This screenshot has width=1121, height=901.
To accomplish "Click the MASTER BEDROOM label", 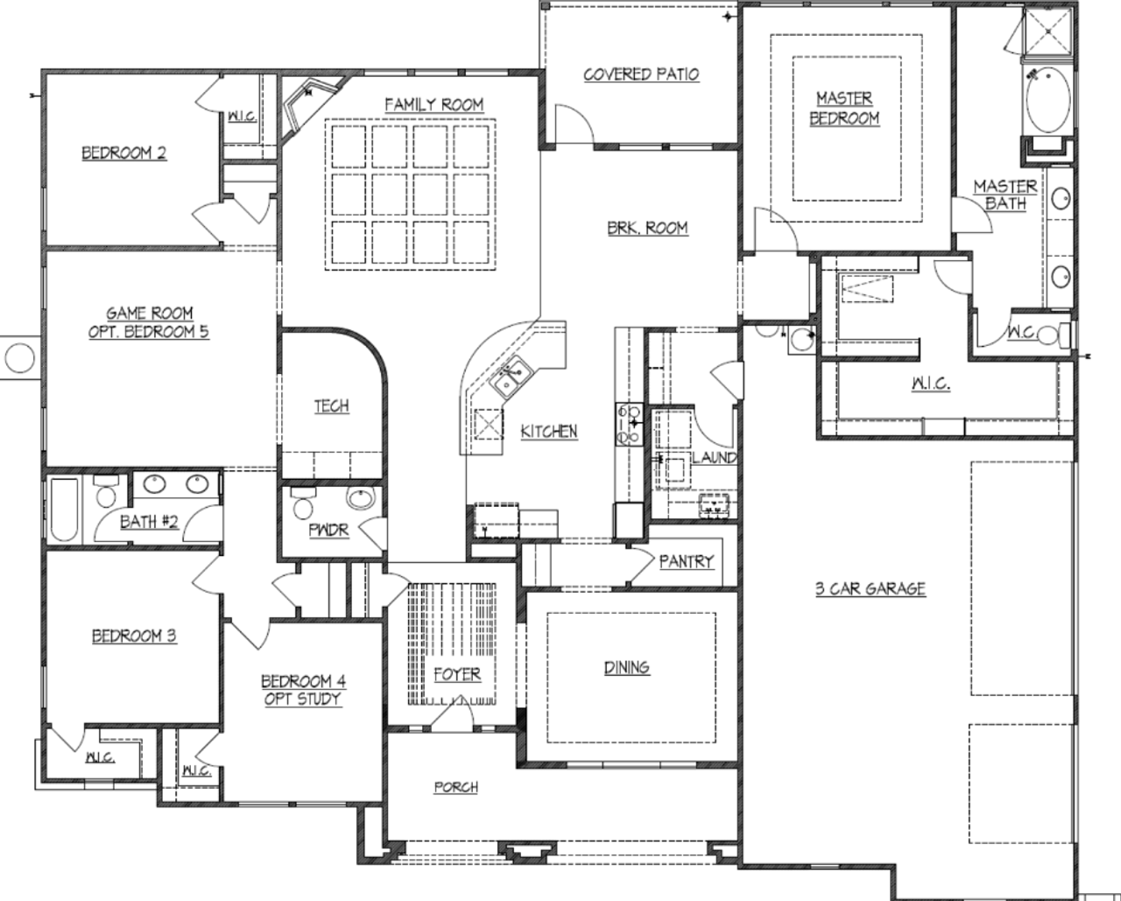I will click(x=844, y=109).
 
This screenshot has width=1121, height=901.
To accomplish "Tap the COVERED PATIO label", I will click(x=641, y=74).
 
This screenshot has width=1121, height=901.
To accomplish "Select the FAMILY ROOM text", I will click(x=434, y=104).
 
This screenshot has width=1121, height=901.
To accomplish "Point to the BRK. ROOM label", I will click(x=647, y=228).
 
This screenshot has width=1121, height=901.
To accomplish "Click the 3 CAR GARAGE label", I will click(x=871, y=588).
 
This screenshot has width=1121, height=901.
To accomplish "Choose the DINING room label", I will click(x=627, y=667).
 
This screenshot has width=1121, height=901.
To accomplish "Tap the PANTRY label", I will click(x=686, y=561).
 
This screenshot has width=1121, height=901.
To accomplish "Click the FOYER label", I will click(x=456, y=674).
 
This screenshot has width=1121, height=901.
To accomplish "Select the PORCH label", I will click(x=456, y=787).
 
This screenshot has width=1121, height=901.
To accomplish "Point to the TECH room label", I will click(x=331, y=406).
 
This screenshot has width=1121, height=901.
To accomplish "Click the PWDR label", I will click(x=328, y=531).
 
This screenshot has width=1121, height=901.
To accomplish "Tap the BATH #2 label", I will click(x=149, y=522).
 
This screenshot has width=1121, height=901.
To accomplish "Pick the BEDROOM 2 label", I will click(x=124, y=153).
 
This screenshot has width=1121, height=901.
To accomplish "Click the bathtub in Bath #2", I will click(x=64, y=510).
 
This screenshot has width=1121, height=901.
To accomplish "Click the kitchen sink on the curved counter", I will click(x=509, y=378).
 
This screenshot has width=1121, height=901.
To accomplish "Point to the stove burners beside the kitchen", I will click(x=629, y=424).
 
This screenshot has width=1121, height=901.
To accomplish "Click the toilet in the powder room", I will click(x=303, y=505).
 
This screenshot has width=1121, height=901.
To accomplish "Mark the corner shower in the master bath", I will click(x=1049, y=32).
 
